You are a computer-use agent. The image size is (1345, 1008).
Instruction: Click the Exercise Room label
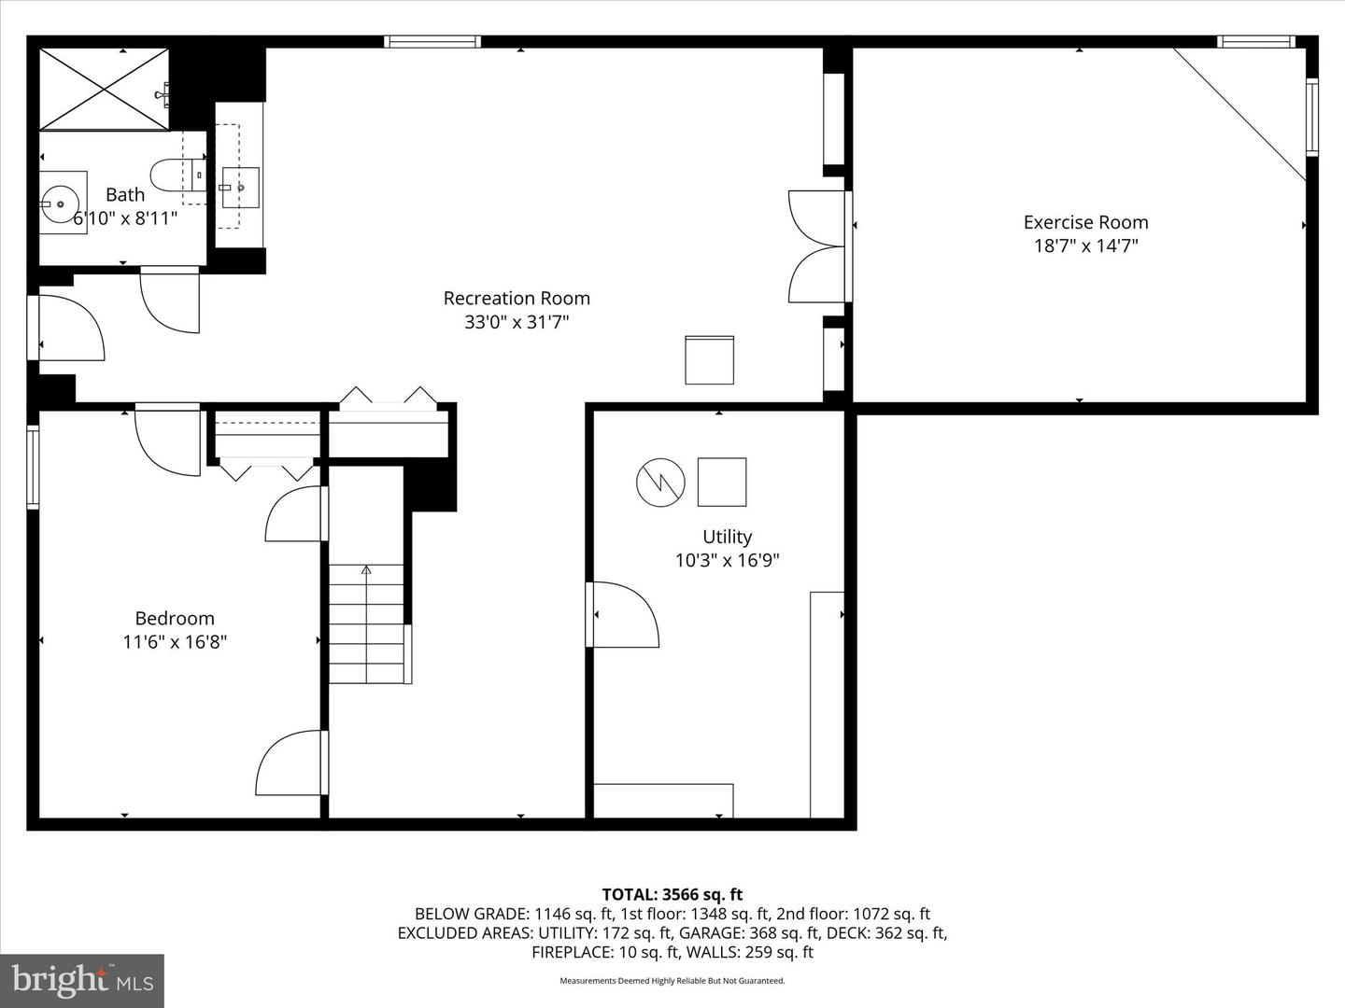point(1085,222)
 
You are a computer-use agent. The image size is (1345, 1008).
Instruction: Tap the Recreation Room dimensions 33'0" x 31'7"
point(517,322)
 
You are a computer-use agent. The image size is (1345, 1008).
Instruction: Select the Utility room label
point(727,537)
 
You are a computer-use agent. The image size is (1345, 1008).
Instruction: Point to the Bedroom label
point(175,618)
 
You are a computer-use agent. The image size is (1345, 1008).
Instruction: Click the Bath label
point(125,194)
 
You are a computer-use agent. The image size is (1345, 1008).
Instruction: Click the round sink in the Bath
point(62,201)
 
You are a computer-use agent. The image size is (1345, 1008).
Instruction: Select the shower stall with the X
point(104,90)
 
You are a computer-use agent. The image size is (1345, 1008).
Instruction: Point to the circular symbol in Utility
point(660,482)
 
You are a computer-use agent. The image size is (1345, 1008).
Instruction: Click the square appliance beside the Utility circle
point(722,482)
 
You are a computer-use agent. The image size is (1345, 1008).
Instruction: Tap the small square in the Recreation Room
point(709,359)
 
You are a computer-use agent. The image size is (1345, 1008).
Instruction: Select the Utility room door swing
point(622,614)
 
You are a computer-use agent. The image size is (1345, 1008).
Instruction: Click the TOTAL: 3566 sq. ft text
point(672,895)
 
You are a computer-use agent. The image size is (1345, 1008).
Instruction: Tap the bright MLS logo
point(82,980)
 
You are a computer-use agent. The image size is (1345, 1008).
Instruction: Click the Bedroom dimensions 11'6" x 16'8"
point(175,642)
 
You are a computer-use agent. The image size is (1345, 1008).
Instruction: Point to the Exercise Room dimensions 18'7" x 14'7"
point(1085,246)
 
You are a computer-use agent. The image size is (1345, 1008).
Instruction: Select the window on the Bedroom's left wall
point(33,467)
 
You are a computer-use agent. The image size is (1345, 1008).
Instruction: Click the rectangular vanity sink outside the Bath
point(240,187)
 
